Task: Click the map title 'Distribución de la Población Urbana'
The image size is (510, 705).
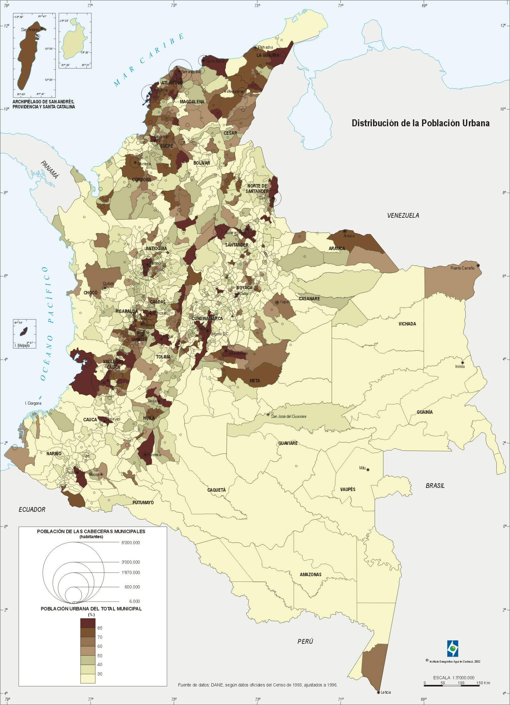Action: [420, 123]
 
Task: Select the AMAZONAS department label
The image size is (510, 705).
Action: [311, 574]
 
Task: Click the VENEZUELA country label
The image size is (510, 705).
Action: [403, 215]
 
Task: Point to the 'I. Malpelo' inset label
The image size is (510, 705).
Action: [22, 345]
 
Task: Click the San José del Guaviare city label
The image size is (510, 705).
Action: [288, 416]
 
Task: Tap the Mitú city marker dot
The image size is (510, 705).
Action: [368, 470]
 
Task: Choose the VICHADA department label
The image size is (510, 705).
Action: [407, 324]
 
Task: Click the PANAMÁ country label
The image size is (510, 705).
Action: [50, 170]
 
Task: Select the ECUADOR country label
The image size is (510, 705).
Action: [32, 509]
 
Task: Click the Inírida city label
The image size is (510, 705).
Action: [460, 366]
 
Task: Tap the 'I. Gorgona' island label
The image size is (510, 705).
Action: [33, 403]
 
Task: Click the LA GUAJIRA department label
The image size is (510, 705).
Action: [268, 55]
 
